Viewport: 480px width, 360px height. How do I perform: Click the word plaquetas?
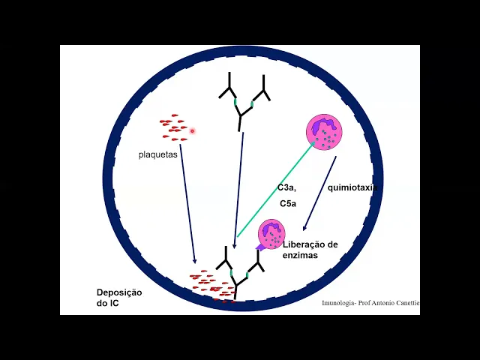click(x=157, y=156)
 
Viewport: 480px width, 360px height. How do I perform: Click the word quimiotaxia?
click(x=352, y=187)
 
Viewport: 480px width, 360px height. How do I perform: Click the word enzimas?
click(x=300, y=256)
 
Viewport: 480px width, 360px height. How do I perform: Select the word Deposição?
click(x=119, y=292)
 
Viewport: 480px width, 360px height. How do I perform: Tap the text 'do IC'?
click(x=107, y=303)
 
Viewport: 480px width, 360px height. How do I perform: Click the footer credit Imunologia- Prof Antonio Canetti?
click(x=370, y=303)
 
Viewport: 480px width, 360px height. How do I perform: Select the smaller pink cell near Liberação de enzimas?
click(x=271, y=233)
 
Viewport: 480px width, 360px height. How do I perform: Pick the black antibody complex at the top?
click(x=244, y=99)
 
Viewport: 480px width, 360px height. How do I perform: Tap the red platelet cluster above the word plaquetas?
click(x=172, y=127)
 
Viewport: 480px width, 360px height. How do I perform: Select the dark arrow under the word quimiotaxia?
click(x=319, y=194)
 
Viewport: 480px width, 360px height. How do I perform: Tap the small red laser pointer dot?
click(x=193, y=131)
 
